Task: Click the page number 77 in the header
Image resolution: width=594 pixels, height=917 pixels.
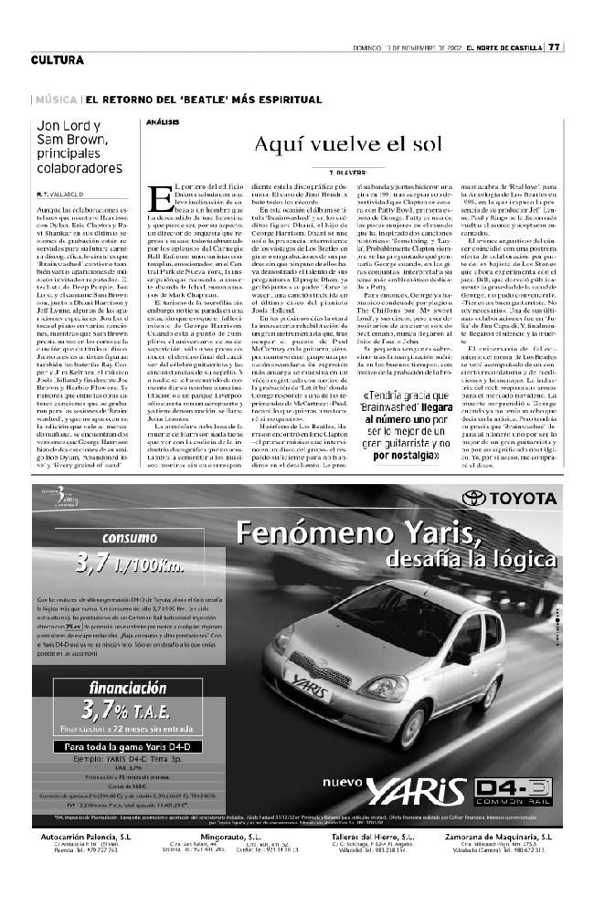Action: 555,48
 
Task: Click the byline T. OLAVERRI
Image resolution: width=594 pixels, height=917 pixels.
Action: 349,171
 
